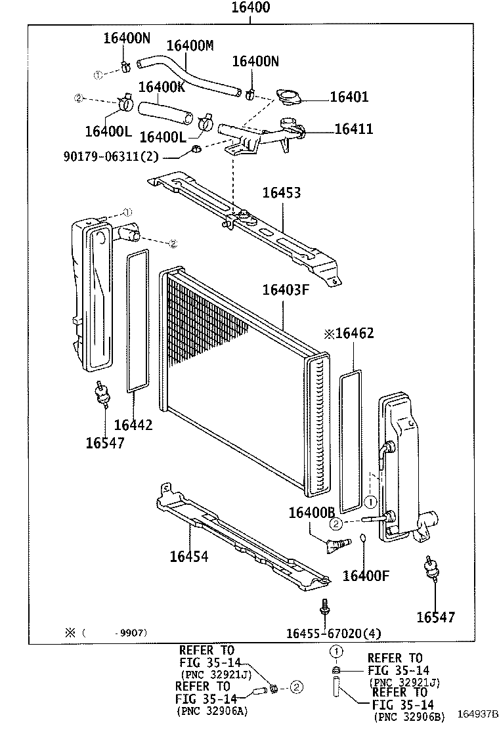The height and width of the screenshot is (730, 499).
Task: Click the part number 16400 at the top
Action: click(x=249, y=9)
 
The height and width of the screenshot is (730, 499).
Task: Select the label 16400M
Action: click(x=190, y=45)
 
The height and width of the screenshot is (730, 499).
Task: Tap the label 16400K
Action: click(x=162, y=86)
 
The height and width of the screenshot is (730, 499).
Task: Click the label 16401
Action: click(x=349, y=97)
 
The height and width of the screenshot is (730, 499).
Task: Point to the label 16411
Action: click(x=353, y=129)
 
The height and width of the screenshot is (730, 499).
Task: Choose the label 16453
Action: click(x=282, y=193)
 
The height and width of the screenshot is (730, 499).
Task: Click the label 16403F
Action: click(x=285, y=290)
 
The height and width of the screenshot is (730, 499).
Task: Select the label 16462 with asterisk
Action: click(x=349, y=333)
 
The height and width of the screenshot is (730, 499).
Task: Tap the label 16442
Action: click(x=133, y=425)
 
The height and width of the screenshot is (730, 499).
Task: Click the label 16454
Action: click(x=188, y=557)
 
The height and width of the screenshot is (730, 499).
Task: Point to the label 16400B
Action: click(x=312, y=511)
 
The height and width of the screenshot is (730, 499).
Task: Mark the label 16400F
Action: click(x=366, y=576)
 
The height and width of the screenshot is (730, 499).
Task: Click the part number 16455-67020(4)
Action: click(x=334, y=633)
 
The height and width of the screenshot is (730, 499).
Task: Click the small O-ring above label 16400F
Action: click(x=362, y=540)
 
